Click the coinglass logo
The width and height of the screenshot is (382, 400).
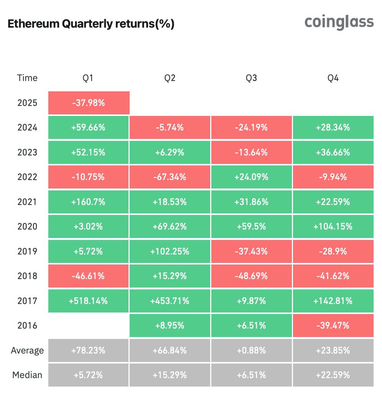click(x=339, y=22)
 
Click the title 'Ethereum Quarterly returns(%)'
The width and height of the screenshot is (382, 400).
click(x=91, y=24)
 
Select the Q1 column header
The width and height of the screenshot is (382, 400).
click(x=89, y=78)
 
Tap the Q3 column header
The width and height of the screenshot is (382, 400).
click(x=251, y=78)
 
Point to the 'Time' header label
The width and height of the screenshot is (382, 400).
click(x=27, y=78)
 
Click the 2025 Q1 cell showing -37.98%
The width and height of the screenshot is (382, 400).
click(x=89, y=103)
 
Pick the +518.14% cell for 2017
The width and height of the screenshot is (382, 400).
click(x=89, y=301)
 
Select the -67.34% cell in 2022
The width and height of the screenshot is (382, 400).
click(x=170, y=177)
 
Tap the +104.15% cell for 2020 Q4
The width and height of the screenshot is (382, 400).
click(x=333, y=226)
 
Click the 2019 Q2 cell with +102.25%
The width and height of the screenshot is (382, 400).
click(x=170, y=251)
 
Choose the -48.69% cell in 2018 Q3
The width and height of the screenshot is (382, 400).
click(x=251, y=276)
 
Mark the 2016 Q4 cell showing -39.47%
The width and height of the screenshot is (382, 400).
click(x=333, y=326)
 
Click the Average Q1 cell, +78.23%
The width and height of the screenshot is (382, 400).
click(x=89, y=350)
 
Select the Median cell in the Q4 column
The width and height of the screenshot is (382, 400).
click(x=333, y=375)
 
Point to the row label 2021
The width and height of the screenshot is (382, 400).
click(x=27, y=202)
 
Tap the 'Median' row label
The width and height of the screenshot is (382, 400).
click(x=27, y=375)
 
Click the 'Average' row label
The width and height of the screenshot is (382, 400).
click(x=27, y=350)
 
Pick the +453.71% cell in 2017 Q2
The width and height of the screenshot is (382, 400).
click(x=170, y=301)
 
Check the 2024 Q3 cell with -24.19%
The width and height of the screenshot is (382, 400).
click(x=251, y=127)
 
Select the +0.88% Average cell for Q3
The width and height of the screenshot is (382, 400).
click(x=251, y=350)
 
